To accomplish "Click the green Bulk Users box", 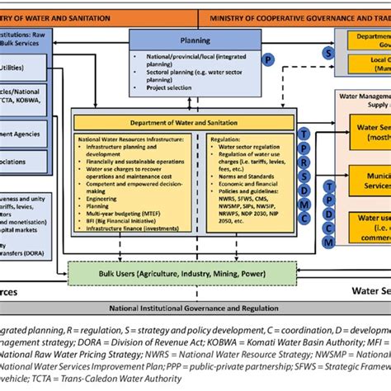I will click(183, 271).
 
